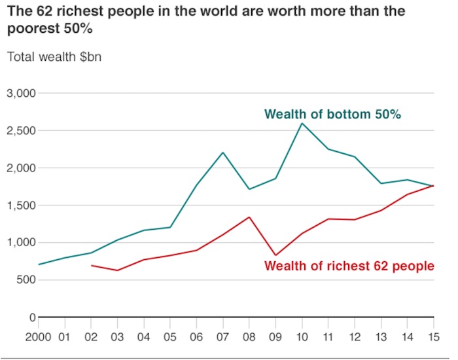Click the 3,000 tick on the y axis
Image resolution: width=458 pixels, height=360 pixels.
point(22,94)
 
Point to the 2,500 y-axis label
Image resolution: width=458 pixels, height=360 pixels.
point(22,131)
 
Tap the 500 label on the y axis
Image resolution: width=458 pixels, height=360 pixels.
point(26,280)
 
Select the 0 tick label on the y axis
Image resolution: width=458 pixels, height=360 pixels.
point(31,317)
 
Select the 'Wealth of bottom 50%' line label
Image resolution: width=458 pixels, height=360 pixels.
point(332,115)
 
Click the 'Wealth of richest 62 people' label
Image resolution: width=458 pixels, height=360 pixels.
point(349,266)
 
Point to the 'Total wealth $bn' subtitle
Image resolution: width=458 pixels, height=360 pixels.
point(54,56)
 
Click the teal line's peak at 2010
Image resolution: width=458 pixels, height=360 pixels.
point(302,123)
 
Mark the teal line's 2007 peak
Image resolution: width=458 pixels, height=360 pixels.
point(223,153)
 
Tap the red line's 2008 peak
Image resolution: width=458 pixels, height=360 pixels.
point(249,217)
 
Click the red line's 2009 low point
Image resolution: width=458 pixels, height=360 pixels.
point(275,255)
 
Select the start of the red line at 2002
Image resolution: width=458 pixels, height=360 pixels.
point(91,265)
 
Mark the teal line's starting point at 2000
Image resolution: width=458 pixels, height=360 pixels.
point(38,264)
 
